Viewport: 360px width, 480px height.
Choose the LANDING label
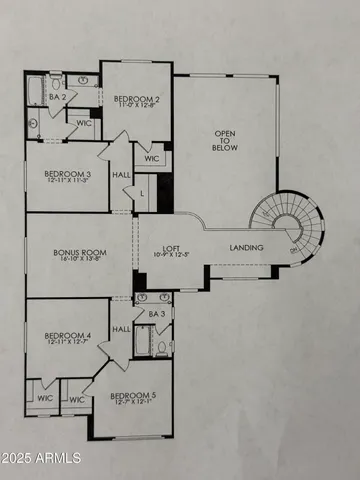tap(246, 248)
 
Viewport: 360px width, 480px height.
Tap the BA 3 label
tap(155, 313)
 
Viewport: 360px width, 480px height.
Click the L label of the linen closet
tap(141, 191)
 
